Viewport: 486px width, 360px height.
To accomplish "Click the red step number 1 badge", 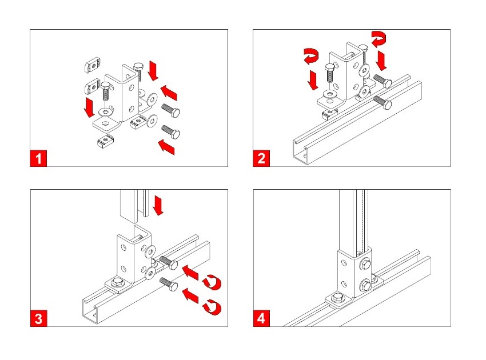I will [38, 158].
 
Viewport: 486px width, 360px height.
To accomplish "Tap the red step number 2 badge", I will [261, 158].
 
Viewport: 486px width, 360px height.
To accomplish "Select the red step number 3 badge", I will [38, 318].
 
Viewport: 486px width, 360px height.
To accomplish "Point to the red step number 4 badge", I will [261, 318].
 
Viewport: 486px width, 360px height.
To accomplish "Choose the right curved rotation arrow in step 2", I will [379, 39].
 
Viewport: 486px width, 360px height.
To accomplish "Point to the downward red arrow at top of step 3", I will [158, 205].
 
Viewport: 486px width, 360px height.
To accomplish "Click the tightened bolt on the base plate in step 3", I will [117, 282].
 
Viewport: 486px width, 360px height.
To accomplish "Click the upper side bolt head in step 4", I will [364, 263].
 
